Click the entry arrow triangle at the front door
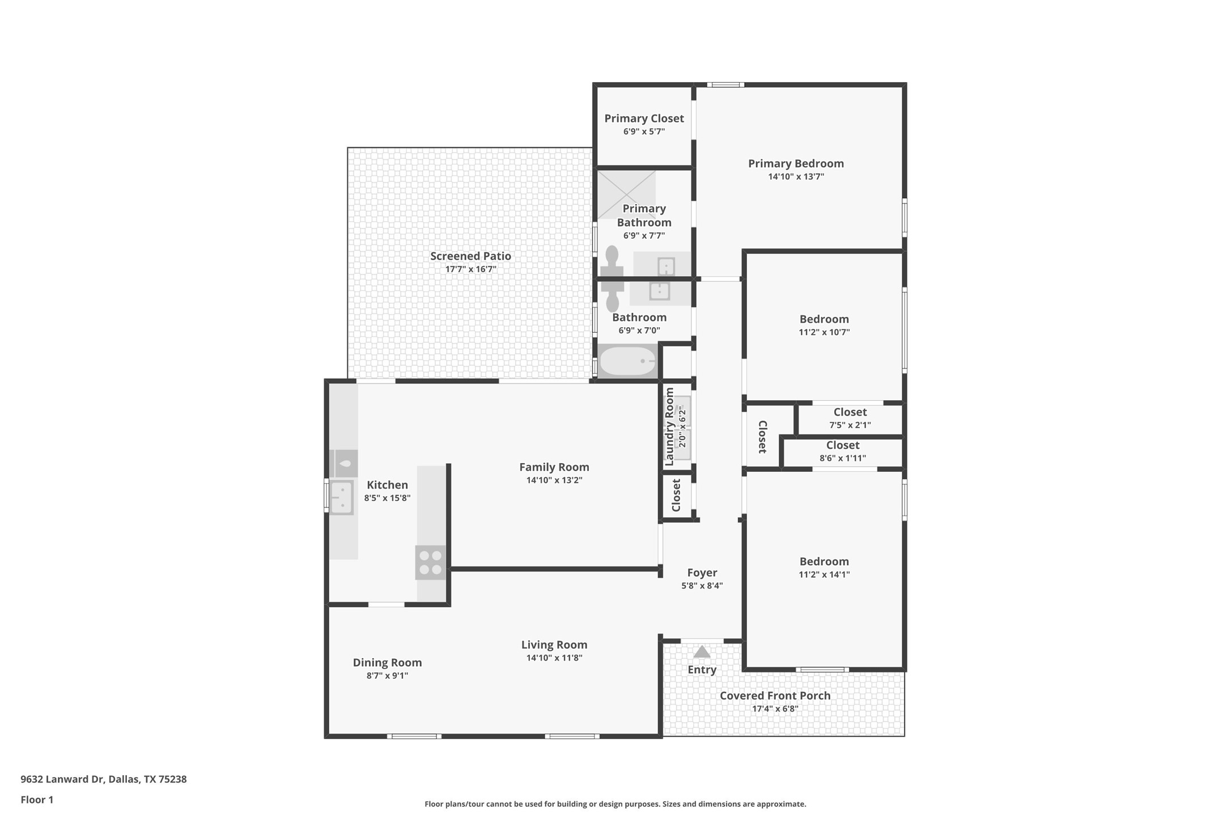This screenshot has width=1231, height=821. click(702, 652)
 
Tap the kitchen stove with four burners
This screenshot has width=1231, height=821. click(430, 562)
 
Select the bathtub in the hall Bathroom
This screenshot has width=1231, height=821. click(627, 361)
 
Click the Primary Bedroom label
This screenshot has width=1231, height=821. click(796, 164)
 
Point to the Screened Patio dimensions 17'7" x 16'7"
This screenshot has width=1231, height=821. click(470, 269)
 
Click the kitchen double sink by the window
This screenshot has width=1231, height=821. click(342, 497)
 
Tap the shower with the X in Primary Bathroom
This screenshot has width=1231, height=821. click(626, 194)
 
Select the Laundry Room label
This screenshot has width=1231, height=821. click(669, 426)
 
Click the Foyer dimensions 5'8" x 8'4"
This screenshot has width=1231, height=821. click(702, 586)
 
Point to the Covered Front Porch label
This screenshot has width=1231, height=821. click(775, 696)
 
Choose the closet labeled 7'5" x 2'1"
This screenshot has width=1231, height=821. click(850, 418)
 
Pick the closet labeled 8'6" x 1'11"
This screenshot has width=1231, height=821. click(842, 452)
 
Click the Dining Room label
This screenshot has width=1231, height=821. click(387, 663)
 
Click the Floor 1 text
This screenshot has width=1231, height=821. click(37, 800)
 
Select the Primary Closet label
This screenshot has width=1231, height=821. click(644, 119)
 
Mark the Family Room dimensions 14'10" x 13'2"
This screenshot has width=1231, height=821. click(554, 480)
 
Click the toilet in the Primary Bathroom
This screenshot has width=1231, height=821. click(612, 261)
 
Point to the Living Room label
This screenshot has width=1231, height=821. click(554, 645)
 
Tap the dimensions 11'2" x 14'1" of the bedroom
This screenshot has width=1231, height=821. click(824, 574)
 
